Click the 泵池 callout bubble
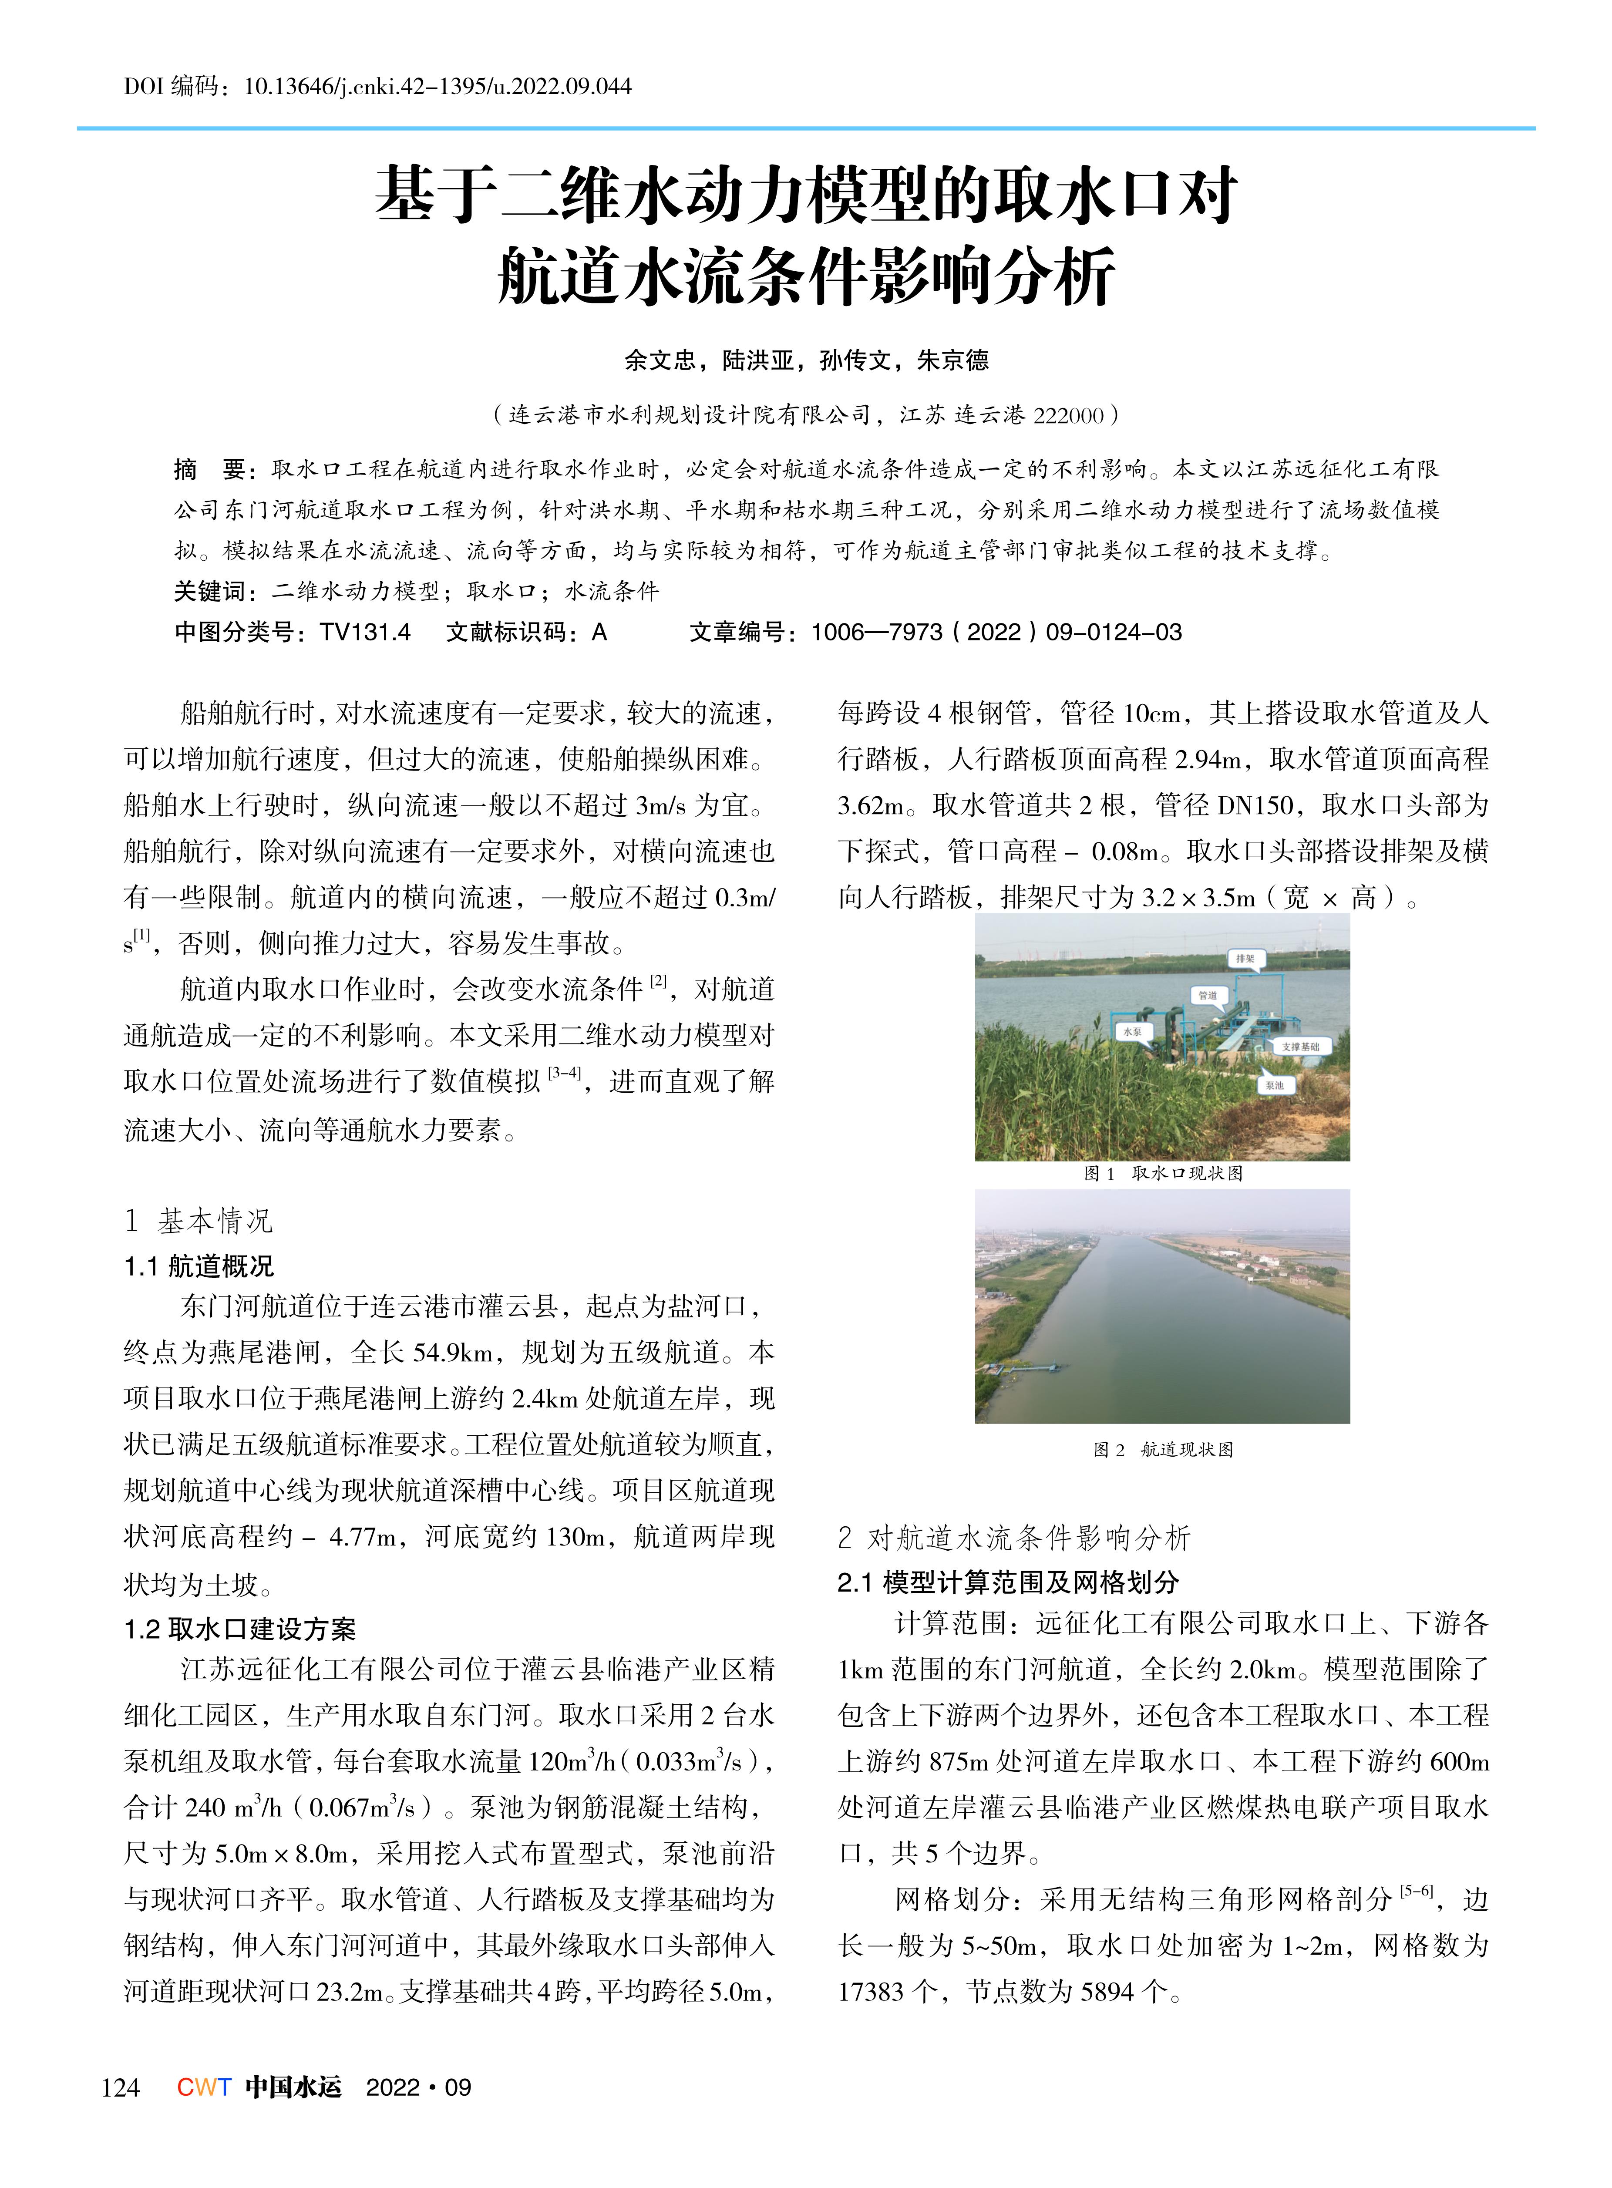click(x=1274, y=1085)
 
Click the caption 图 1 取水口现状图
click(x=1163, y=1173)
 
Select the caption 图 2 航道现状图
click(x=1163, y=1449)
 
